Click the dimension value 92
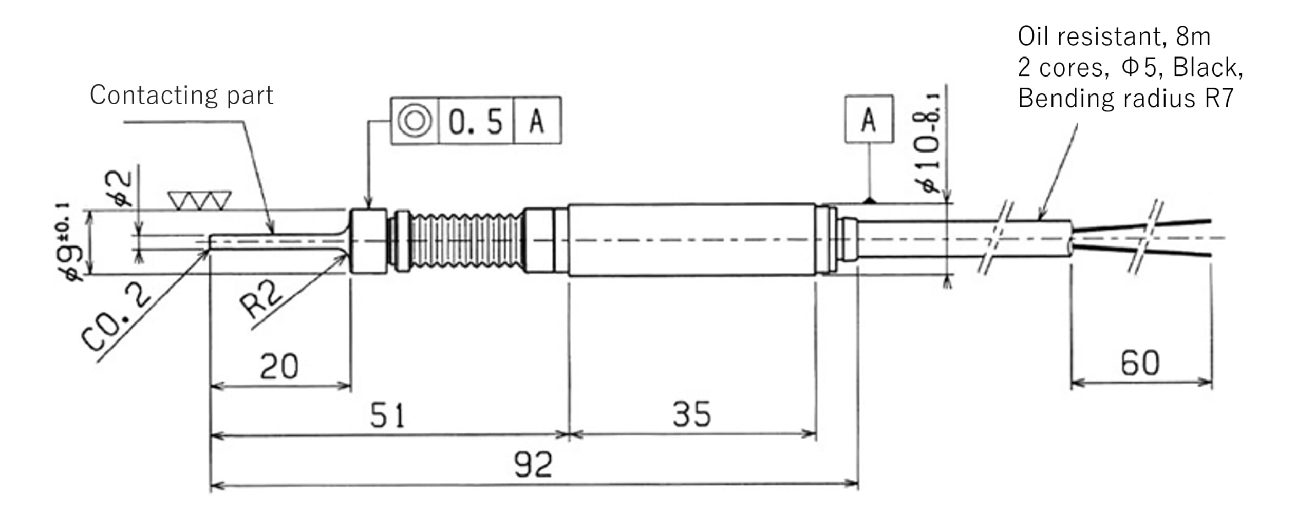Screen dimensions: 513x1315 click(x=533, y=465)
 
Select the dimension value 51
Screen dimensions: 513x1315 click(x=387, y=415)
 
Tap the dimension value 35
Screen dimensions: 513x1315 click(x=692, y=414)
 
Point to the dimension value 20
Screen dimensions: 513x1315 click(x=279, y=367)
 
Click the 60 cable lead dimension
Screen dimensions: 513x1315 click(x=1140, y=364)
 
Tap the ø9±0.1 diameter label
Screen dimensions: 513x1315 click(x=71, y=244)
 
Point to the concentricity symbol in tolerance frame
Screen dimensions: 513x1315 click(x=415, y=121)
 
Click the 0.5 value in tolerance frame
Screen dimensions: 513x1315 click(x=476, y=122)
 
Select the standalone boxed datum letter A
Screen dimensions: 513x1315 click(x=869, y=120)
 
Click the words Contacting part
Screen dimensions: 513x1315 click(x=181, y=96)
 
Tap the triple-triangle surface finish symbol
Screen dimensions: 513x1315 click(x=200, y=201)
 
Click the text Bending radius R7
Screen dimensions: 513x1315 click(x=1125, y=98)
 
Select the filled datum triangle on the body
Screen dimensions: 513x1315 click(x=869, y=200)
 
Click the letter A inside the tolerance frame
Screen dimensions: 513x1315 click(x=537, y=122)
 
